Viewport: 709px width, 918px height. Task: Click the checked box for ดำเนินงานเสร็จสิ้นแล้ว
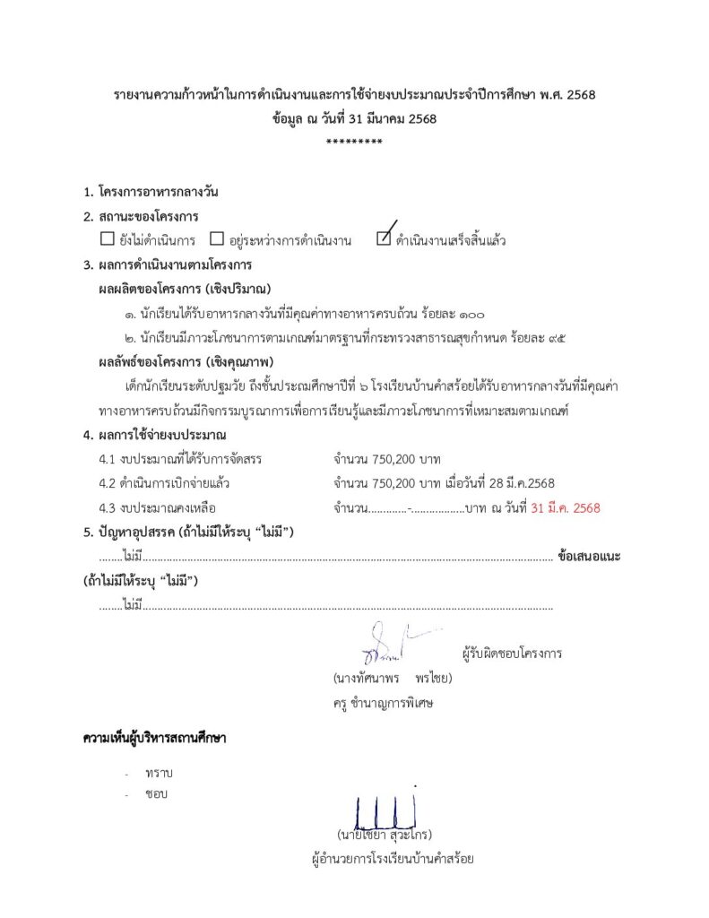tap(384, 238)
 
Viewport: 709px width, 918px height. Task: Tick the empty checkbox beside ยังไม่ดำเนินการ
tap(107, 239)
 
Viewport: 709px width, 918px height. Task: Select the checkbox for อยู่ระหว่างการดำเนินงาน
tap(216, 239)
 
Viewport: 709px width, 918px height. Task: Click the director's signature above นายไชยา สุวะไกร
tap(386, 809)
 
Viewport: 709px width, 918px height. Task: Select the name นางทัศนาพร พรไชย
tap(392, 678)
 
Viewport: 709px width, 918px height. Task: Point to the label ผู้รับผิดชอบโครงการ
tap(512, 653)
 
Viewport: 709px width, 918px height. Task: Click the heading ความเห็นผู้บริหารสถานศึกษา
tap(154, 739)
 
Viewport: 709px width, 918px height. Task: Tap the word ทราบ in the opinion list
tap(157, 773)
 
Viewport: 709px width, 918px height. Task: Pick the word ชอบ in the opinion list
tap(156, 793)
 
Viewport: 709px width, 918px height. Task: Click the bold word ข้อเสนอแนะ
tap(589, 556)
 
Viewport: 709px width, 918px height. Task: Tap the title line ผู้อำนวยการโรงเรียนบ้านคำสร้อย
tap(392, 859)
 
